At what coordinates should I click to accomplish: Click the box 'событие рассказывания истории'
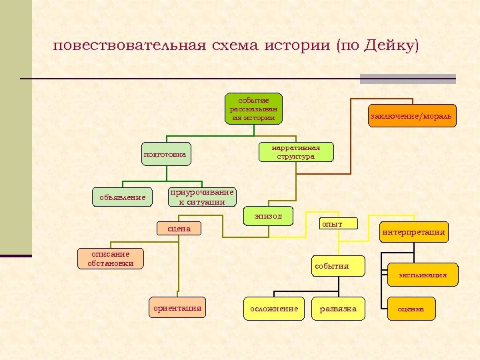[x=253, y=109]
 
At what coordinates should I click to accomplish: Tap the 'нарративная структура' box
[x=295, y=152]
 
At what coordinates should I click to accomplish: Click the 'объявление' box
[x=122, y=197]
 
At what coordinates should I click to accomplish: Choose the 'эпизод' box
[x=268, y=216]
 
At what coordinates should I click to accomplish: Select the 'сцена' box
[x=179, y=229]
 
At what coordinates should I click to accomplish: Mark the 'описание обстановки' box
[x=110, y=258]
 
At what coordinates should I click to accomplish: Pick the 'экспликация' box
[x=423, y=275]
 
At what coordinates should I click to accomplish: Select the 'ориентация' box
[x=177, y=308]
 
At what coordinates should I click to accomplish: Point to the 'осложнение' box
[x=274, y=309]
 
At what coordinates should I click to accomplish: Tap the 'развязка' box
[x=338, y=309]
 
